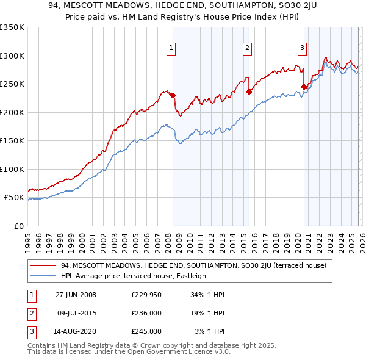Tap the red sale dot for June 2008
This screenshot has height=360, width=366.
click(x=173, y=95)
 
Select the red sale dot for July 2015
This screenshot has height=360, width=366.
click(x=249, y=92)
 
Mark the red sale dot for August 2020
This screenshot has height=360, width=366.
click(x=304, y=87)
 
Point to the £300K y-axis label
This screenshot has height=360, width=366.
click(x=12, y=56)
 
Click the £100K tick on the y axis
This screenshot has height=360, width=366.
click(x=12, y=169)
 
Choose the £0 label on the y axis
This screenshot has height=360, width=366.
click(x=18, y=226)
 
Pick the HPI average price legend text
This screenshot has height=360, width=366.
click(x=134, y=276)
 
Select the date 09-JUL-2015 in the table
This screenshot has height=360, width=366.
click(x=77, y=313)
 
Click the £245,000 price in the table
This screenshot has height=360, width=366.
click(x=146, y=331)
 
